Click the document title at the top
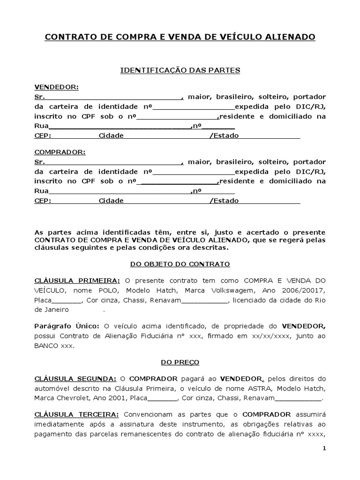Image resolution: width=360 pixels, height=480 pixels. (180, 37)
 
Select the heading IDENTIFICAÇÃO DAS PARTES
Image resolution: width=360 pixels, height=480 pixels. (180, 70)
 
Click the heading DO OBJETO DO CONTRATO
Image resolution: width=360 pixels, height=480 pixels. (180, 264)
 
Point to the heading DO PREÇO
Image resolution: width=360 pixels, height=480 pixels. (180, 362)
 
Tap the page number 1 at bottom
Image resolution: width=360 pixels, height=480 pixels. (323, 448)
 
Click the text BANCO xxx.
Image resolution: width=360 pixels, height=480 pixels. (53, 346)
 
